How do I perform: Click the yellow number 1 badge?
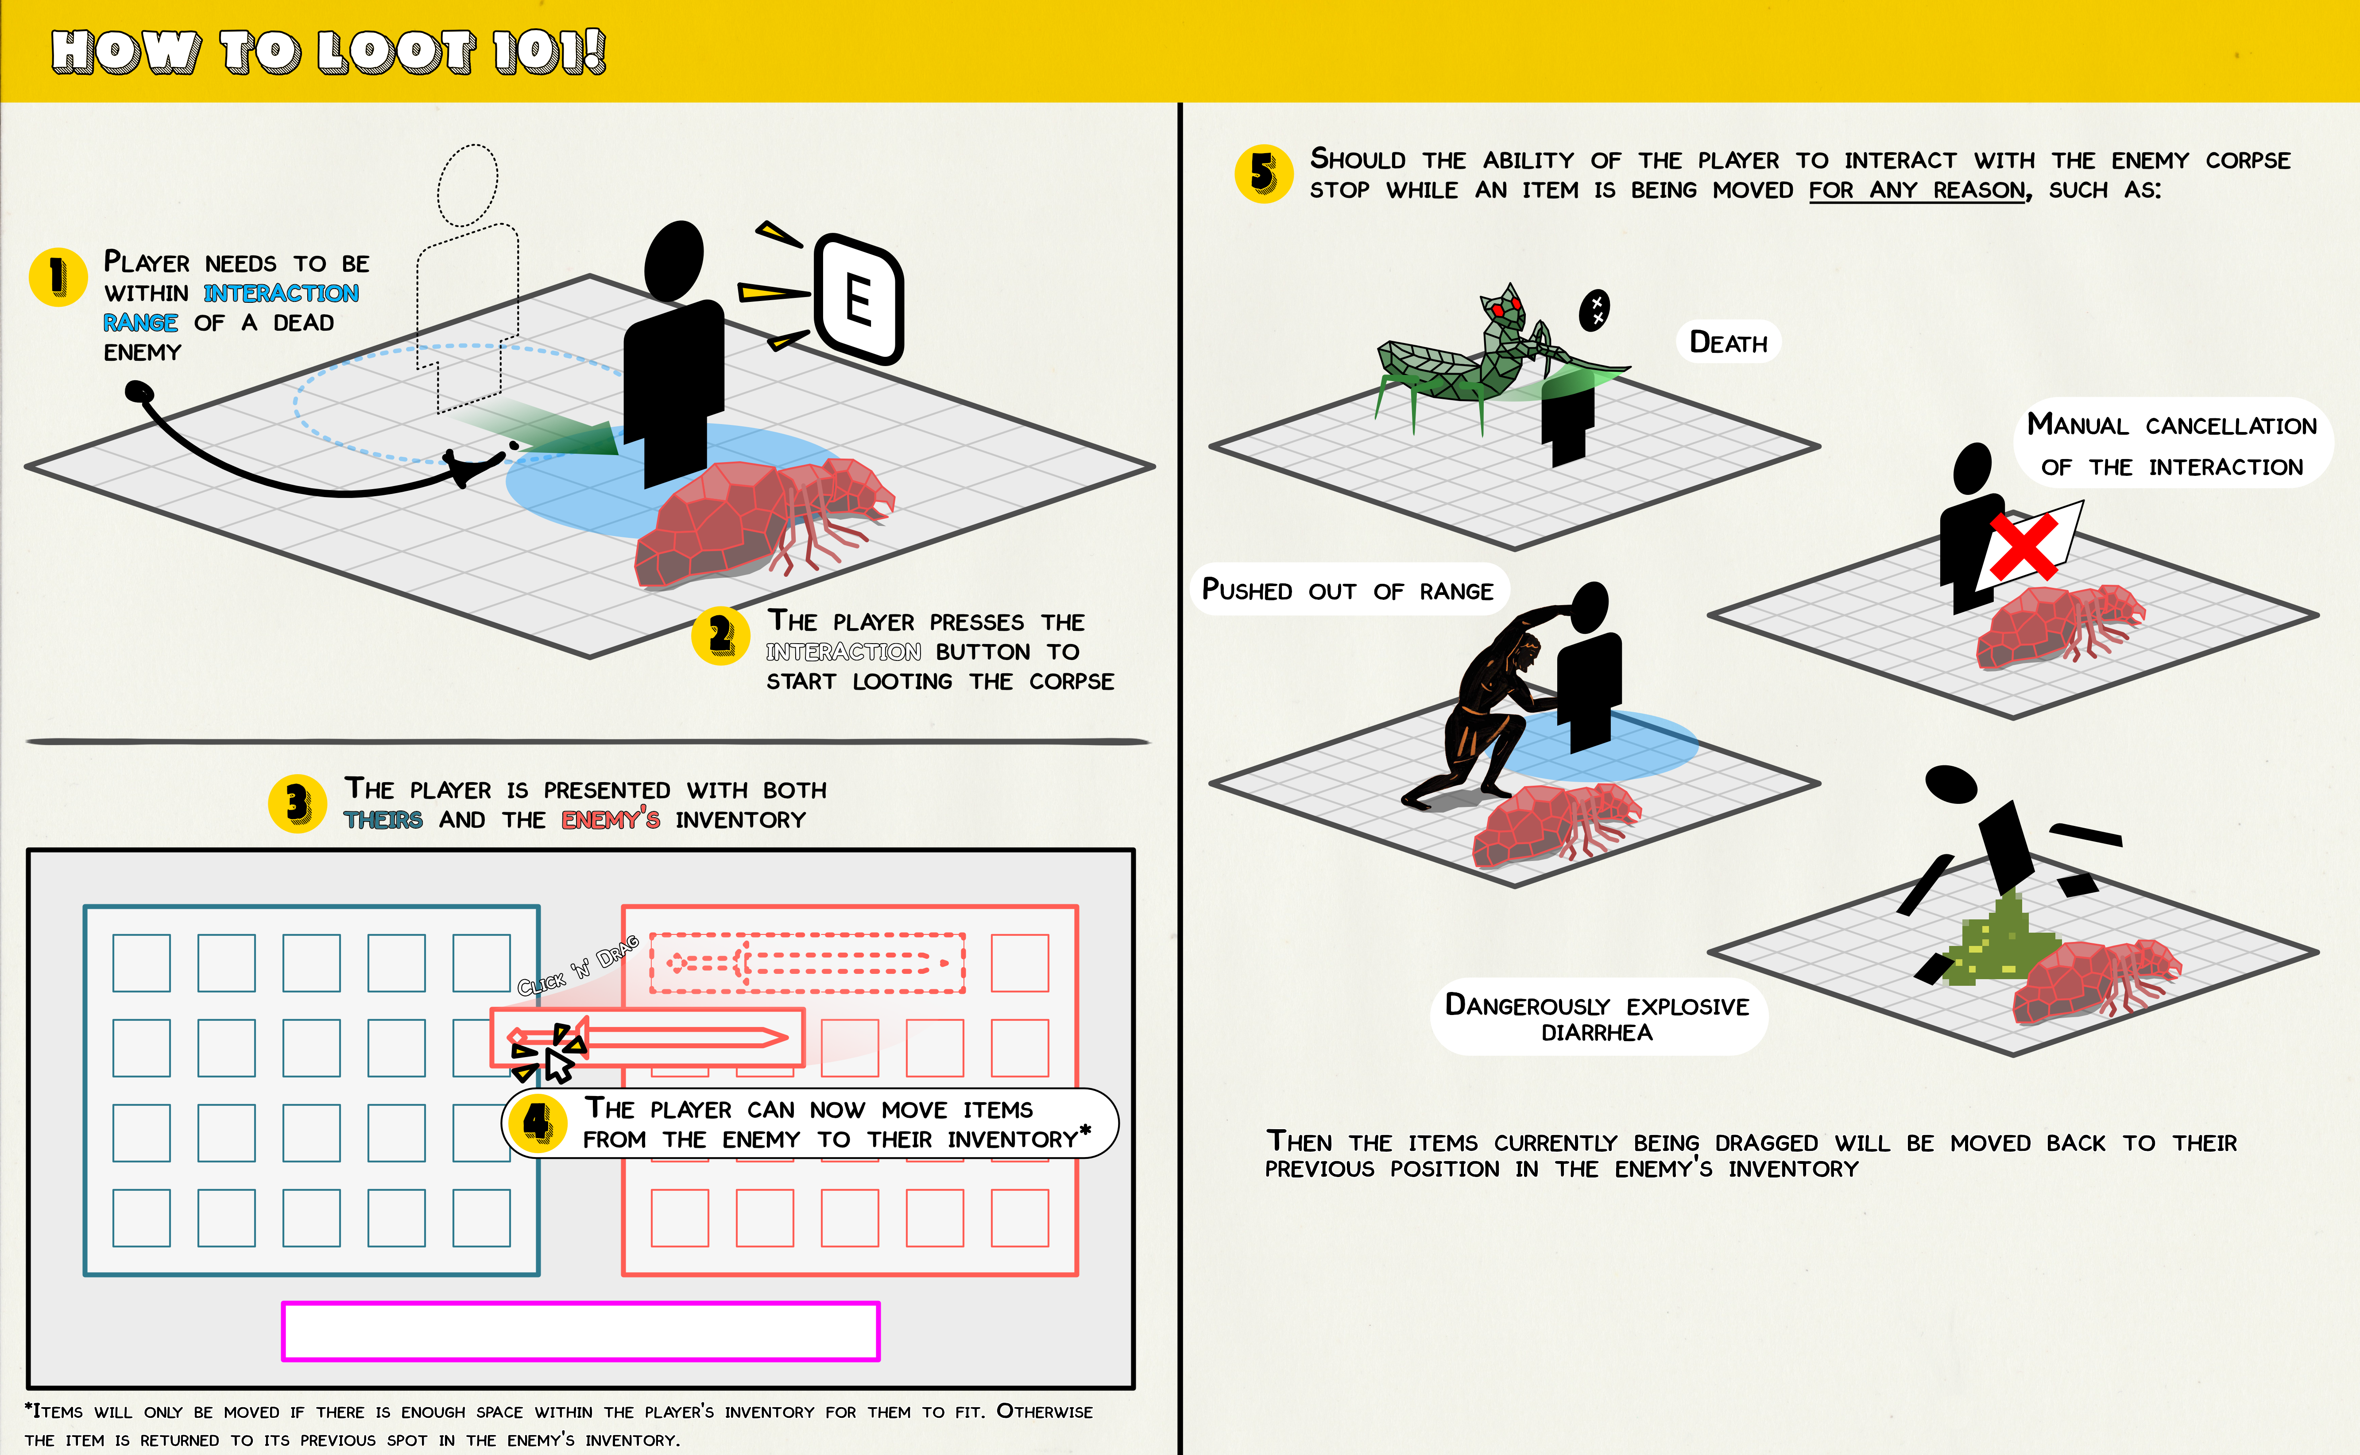pyautogui.click(x=58, y=277)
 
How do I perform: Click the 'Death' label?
pyautogui.click(x=1729, y=343)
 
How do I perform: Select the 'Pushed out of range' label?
pyautogui.click(x=1347, y=590)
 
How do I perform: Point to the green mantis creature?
pyautogui.click(x=1482, y=356)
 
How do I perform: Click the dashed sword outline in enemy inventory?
pyautogui.click(x=807, y=962)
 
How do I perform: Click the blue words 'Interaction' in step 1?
pyautogui.click(x=281, y=293)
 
